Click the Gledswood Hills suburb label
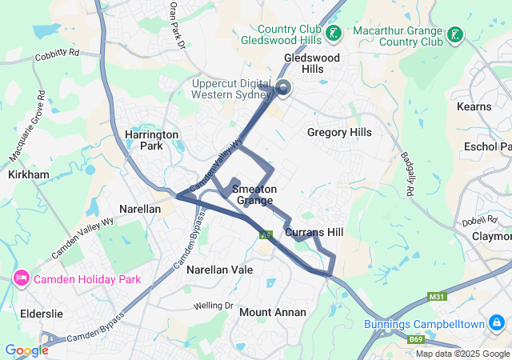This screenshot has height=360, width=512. coord(313,64)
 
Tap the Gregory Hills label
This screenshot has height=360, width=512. coord(339,132)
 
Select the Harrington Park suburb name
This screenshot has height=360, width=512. coord(152,141)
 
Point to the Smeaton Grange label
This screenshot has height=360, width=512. coord(254,194)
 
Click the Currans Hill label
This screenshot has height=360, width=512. coord(314,232)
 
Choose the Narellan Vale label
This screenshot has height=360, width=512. coord(219,270)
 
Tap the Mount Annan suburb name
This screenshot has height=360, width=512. coord(273,312)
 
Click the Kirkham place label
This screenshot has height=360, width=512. coord(28,174)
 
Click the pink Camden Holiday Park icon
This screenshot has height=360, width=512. coord(21,279)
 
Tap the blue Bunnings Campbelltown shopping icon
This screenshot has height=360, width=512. coord(498,323)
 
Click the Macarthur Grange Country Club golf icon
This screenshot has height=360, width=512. coord(454,34)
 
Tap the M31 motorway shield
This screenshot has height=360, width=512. coord(437,297)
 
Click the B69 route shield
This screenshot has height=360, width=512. coord(417,340)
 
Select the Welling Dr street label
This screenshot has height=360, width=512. coord(212,306)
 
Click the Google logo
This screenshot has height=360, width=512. coord(26,350)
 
